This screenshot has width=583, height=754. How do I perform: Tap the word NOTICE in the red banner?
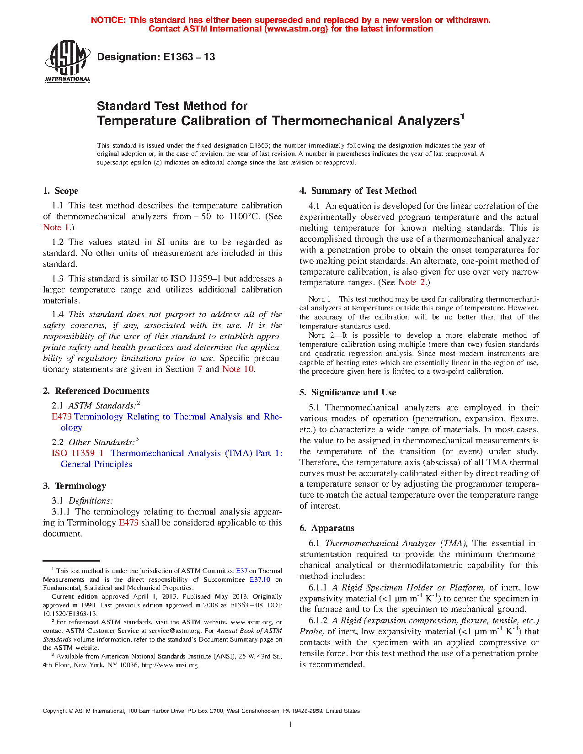(108, 20)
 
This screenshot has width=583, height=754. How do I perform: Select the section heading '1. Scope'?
(61, 191)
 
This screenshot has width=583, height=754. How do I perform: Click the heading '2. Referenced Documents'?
(96, 391)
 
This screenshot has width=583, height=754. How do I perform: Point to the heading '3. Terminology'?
(75, 486)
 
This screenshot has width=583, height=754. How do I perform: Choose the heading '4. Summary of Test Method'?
(358, 191)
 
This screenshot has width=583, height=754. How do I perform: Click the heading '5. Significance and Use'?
(348, 393)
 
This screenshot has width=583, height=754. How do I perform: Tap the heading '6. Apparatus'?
(327, 528)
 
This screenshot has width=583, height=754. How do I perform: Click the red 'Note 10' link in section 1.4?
(238, 369)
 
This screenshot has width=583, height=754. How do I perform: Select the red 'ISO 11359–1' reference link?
(77, 453)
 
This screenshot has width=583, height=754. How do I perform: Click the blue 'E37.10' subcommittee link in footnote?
(260, 579)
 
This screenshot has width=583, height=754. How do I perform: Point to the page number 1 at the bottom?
(291, 724)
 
